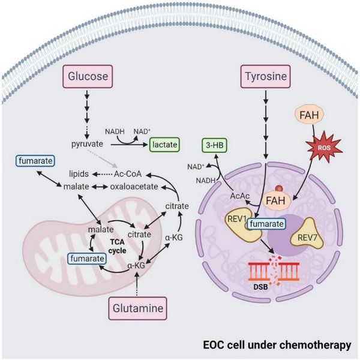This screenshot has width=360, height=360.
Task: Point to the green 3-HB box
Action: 214,145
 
